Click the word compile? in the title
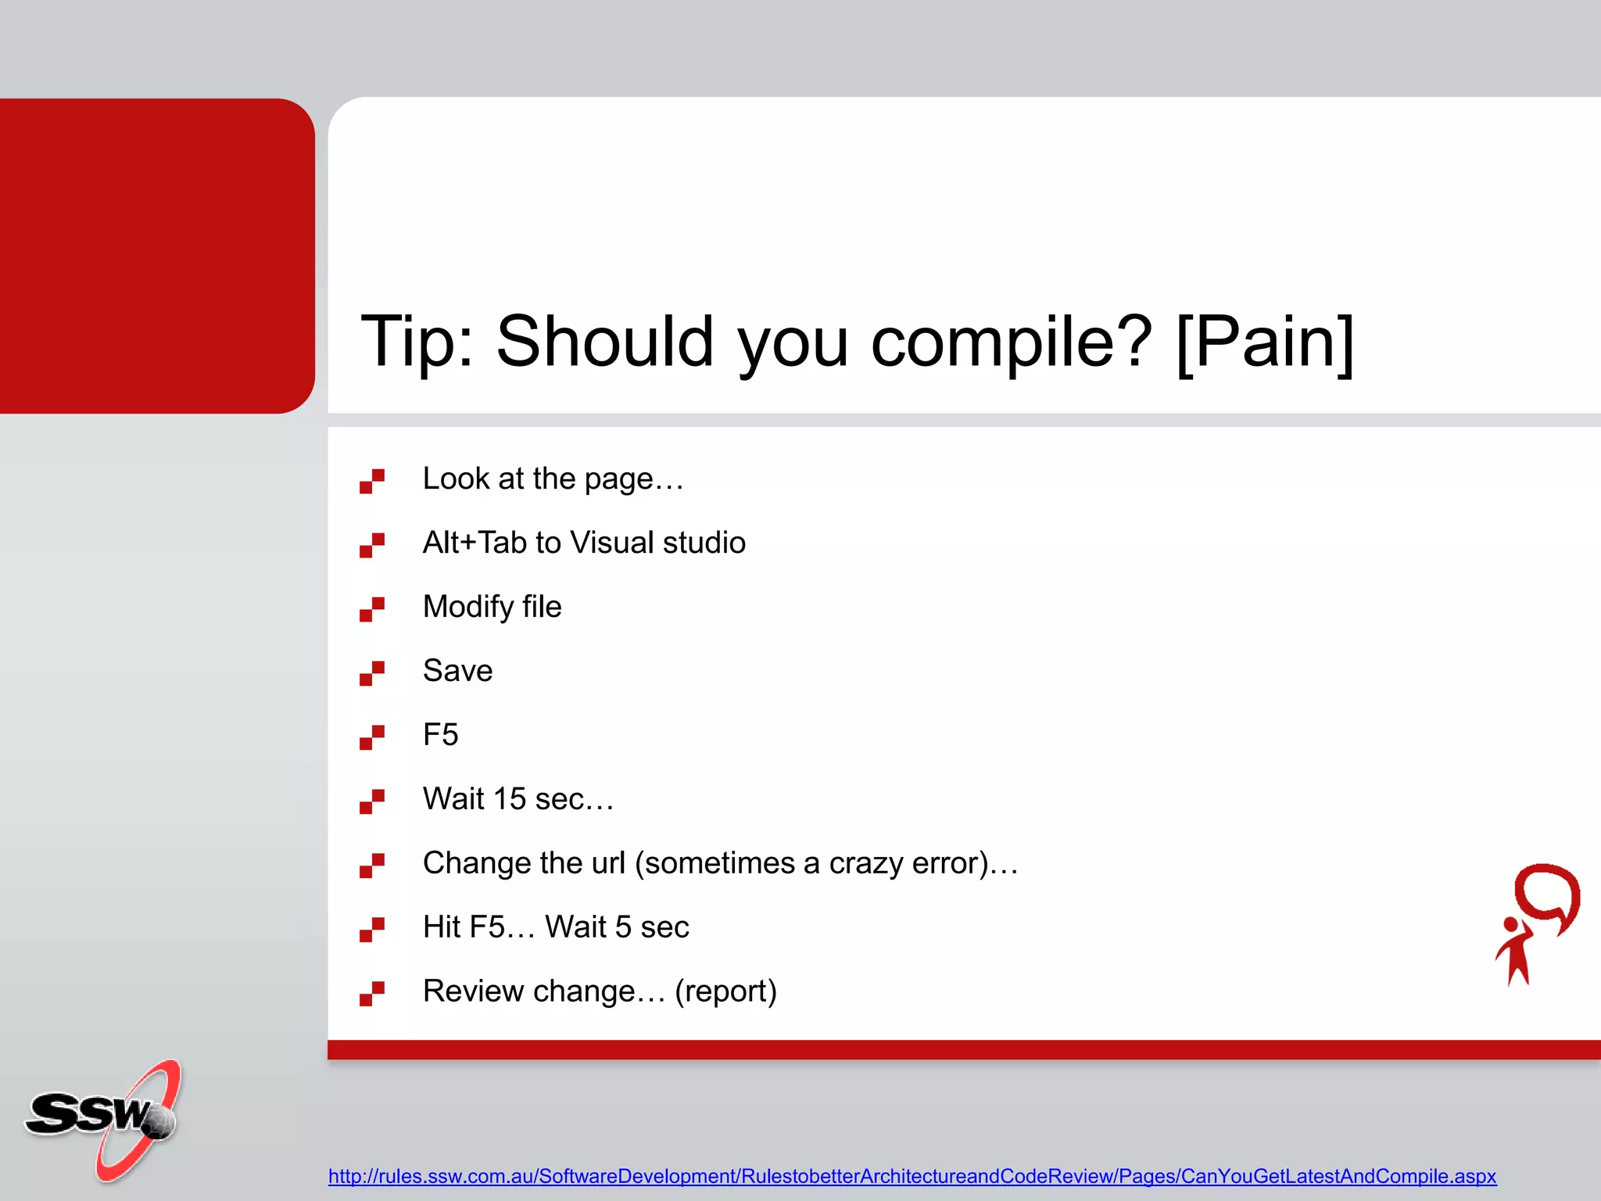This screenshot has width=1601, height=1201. point(1011,342)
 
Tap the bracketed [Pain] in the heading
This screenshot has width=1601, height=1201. point(1265,342)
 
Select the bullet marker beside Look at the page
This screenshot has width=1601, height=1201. point(372,481)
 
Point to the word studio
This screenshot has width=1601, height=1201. point(704,543)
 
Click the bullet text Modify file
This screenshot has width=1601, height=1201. point(492,607)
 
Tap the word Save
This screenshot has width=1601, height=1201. point(457,671)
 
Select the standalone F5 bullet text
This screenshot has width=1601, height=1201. point(440,735)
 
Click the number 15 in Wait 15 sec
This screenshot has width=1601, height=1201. point(509,799)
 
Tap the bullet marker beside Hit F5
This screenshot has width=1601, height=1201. point(372,930)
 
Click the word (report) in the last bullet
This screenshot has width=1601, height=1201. point(725,991)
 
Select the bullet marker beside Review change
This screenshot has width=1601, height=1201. point(372,994)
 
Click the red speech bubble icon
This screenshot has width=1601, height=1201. point(1547,896)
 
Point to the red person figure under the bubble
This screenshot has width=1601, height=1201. point(1515,952)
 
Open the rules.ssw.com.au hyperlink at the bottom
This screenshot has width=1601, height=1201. point(912,1176)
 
